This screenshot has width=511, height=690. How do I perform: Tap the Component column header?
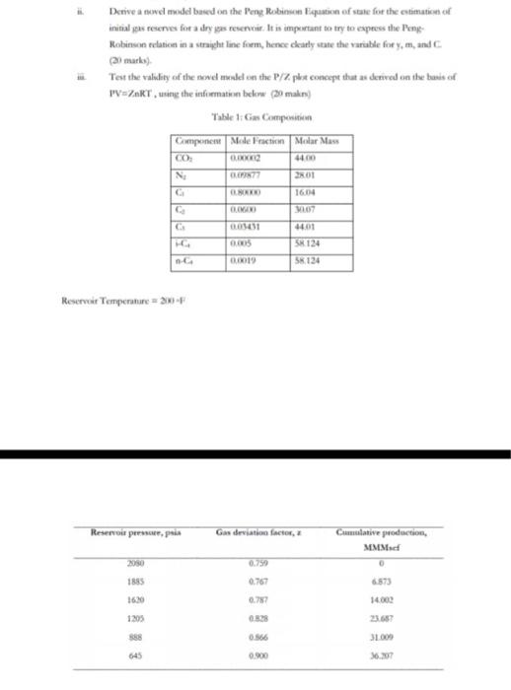click(x=199, y=142)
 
